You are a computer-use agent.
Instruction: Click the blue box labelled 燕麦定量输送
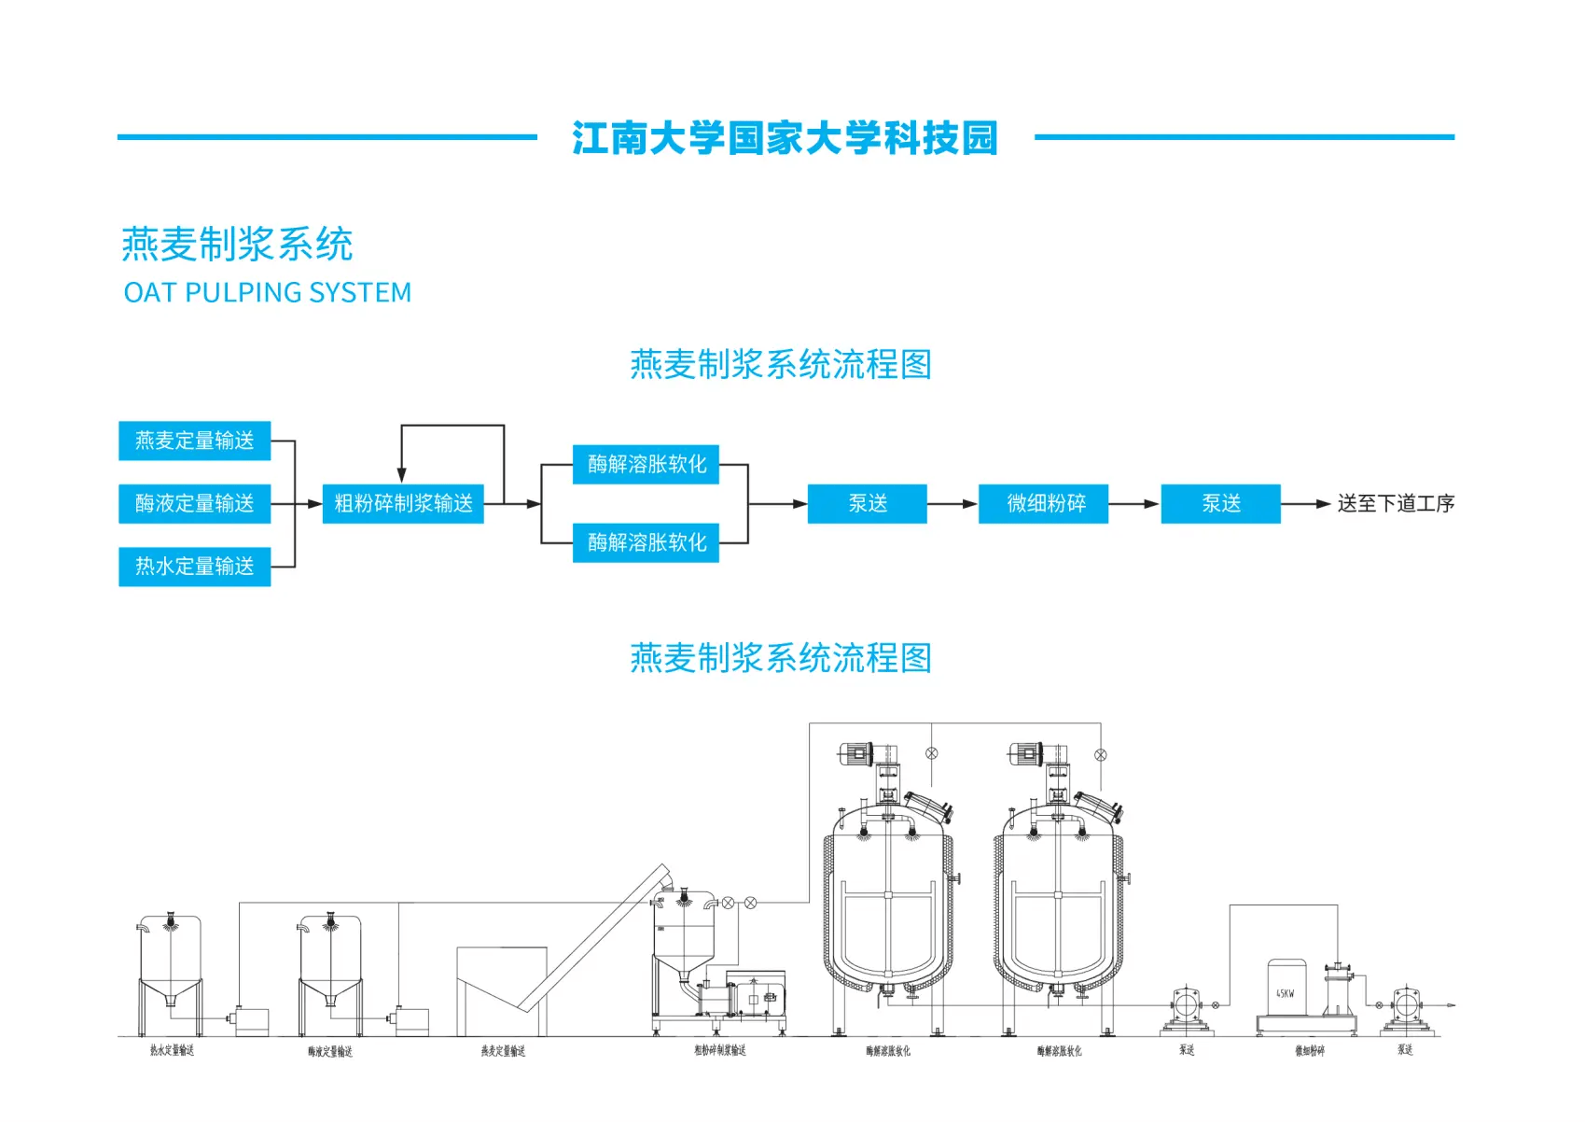(x=194, y=441)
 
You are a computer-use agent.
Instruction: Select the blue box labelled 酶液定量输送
(x=194, y=504)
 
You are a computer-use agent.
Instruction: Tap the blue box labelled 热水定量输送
(x=194, y=567)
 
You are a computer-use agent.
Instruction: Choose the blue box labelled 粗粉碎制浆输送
(x=403, y=504)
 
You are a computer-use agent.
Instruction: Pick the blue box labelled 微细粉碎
(x=1044, y=504)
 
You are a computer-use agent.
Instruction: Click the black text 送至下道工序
(x=1395, y=504)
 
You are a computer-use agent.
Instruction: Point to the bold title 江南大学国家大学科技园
(x=785, y=138)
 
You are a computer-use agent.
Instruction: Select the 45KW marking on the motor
(x=1286, y=994)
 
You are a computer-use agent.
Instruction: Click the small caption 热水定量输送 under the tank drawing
(x=172, y=1051)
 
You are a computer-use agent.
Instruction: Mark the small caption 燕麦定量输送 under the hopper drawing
(x=503, y=1052)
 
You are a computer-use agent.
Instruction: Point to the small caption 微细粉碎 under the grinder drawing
(x=1309, y=1051)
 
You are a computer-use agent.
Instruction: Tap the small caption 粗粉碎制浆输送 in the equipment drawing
(x=719, y=1051)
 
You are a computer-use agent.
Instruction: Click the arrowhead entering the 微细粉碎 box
(x=970, y=504)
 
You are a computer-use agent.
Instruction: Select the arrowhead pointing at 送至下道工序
(x=1323, y=504)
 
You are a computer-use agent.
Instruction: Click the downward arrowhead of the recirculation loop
(x=402, y=475)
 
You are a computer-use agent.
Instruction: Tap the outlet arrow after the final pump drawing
(x=1450, y=1005)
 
